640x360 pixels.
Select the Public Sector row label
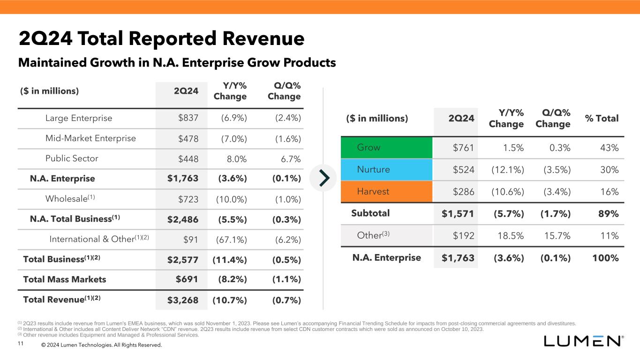(x=72, y=158)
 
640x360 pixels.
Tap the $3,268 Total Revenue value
(x=183, y=300)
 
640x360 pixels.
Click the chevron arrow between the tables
(x=324, y=178)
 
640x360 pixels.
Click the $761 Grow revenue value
(x=463, y=148)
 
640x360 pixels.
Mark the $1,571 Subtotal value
(x=458, y=214)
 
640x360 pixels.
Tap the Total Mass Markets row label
(x=65, y=279)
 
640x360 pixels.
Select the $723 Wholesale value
(x=188, y=199)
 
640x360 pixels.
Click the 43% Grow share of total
(x=609, y=148)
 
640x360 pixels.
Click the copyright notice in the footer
(x=101, y=345)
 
